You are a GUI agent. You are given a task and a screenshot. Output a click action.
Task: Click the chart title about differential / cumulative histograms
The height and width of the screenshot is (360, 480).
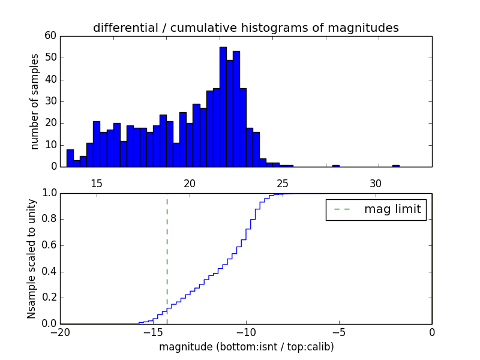(245, 28)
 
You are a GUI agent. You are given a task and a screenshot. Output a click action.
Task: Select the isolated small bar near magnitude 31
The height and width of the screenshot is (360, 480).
(396, 166)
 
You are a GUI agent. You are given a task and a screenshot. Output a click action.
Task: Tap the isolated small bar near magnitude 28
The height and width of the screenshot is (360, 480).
(336, 166)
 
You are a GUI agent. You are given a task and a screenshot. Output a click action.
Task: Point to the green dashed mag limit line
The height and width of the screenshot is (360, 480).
(167, 252)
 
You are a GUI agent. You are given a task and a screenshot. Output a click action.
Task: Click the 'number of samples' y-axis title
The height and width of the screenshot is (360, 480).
(35, 101)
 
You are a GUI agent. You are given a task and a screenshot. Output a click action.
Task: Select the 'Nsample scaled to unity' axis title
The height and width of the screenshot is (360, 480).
(32, 259)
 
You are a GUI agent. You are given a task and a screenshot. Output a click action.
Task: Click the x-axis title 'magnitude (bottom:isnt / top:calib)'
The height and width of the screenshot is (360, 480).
(246, 347)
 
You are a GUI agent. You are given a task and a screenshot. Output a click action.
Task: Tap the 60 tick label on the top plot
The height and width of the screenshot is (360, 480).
(50, 36)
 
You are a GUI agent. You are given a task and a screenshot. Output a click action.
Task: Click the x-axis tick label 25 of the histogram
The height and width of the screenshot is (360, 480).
(283, 184)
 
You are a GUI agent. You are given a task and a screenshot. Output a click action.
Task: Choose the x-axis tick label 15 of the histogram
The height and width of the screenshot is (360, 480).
(97, 184)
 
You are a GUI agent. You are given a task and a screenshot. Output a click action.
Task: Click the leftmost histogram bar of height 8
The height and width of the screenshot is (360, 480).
(70, 158)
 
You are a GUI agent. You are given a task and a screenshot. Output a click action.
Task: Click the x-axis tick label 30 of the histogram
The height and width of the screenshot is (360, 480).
(376, 184)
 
